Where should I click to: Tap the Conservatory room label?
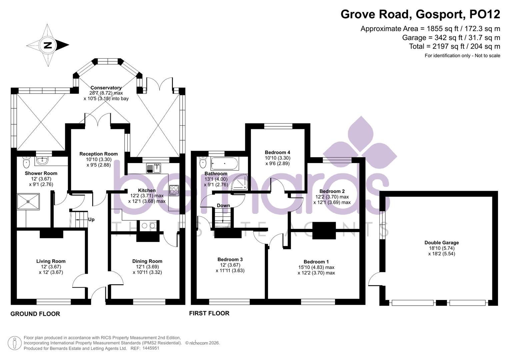[106, 88]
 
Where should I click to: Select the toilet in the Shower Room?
[27, 163]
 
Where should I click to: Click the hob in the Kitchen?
[174, 190]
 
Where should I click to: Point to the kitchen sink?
[153, 168]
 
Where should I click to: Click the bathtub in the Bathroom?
[224, 164]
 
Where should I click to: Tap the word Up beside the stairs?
[91, 219]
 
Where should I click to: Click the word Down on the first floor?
[223, 205]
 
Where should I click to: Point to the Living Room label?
[51, 261]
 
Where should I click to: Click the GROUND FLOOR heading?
[35, 314]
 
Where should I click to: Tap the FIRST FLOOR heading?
[209, 313]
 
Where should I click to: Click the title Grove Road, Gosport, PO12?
[420, 14]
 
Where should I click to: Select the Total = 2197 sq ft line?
[454, 46]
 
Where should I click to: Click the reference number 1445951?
[151, 348]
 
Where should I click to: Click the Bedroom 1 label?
[316, 262]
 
